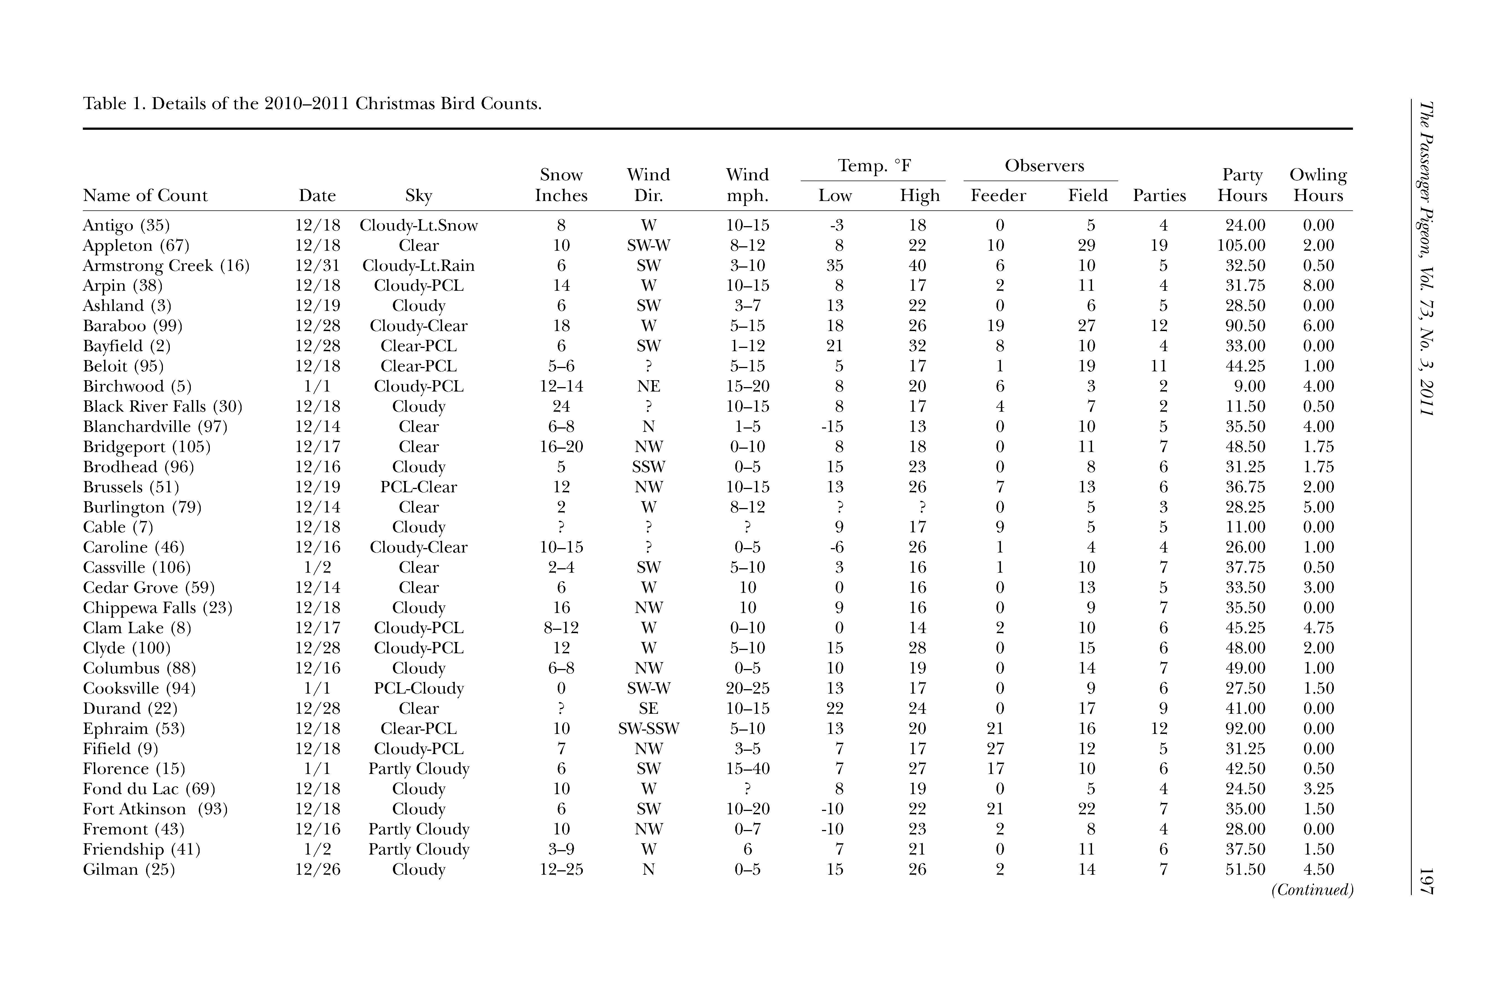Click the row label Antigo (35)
(x=126, y=226)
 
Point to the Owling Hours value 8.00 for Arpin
(x=1318, y=286)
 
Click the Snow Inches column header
(x=561, y=185)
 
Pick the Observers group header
(x=1044, y=166)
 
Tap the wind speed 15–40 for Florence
(x=747, y=769)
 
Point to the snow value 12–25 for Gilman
(x=561, y=870)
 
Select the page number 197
(x=1426, y=881)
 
